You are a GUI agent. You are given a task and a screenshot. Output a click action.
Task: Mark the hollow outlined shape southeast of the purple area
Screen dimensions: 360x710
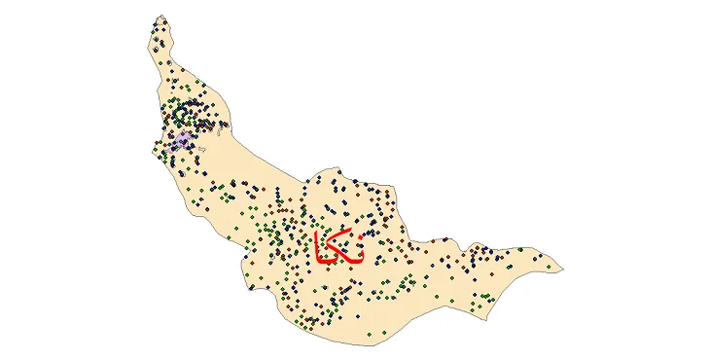[x=201, y=148]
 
